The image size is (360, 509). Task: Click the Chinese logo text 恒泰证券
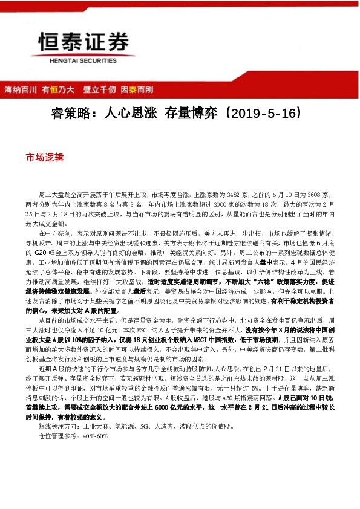tap(83, 42)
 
